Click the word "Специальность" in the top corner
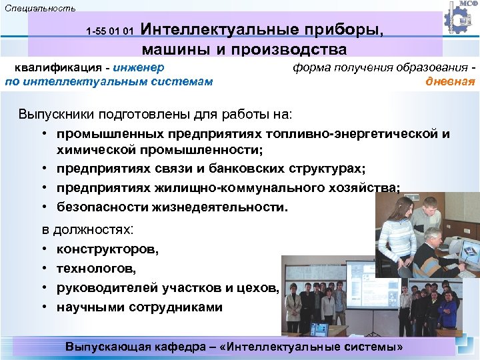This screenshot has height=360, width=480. click(x=40, y=8)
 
